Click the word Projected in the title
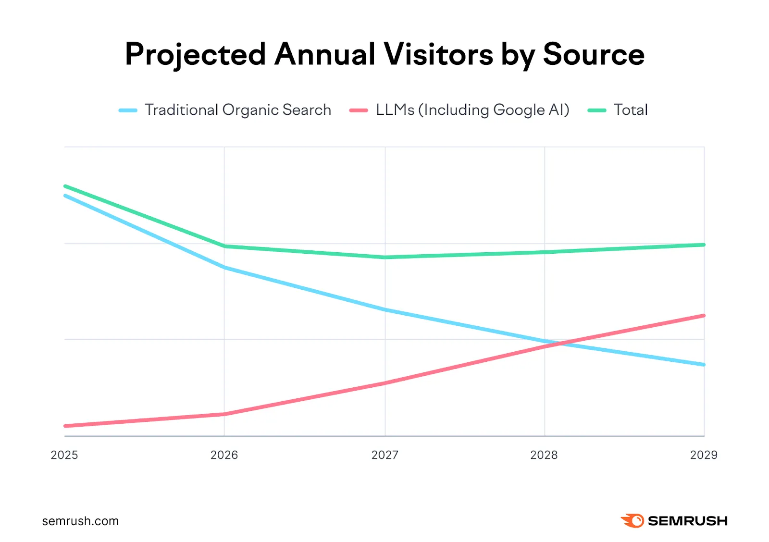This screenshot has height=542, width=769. point(195,54)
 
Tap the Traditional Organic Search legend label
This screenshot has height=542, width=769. point(238,110)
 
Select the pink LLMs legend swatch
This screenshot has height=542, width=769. point(359,111)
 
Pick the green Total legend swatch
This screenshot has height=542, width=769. point(597,111)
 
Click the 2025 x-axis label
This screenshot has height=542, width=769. point(64,455)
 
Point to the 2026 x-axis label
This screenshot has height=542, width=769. point(224,455)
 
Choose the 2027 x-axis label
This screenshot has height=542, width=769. point(384,455)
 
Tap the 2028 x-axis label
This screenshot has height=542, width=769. point(544,455)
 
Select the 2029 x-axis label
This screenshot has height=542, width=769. point(704,455)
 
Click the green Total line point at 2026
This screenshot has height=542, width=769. point(224,246)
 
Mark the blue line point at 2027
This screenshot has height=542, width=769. point(385,310)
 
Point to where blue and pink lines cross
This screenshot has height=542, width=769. point(558,344)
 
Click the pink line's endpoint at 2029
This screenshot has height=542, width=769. point(704,316)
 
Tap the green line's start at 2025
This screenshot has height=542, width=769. point(65,186)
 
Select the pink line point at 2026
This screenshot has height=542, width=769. point(224,414)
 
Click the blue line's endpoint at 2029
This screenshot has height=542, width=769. point(704,365)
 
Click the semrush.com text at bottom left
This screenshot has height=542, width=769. point(80,521)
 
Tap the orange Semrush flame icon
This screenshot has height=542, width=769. point(633,521)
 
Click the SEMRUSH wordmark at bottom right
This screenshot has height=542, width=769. point(687,521)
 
